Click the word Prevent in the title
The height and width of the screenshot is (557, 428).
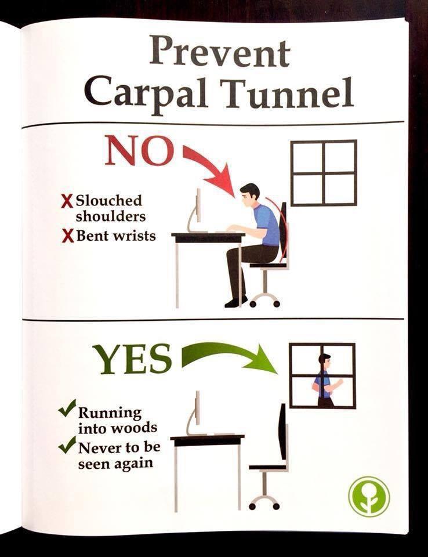(219, 53)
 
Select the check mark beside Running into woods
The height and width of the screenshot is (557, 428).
(67, 408)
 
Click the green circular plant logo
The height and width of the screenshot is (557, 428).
(369, 497)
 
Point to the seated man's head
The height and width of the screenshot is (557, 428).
(251, 196)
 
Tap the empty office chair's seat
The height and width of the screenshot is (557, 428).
(267, 466)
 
